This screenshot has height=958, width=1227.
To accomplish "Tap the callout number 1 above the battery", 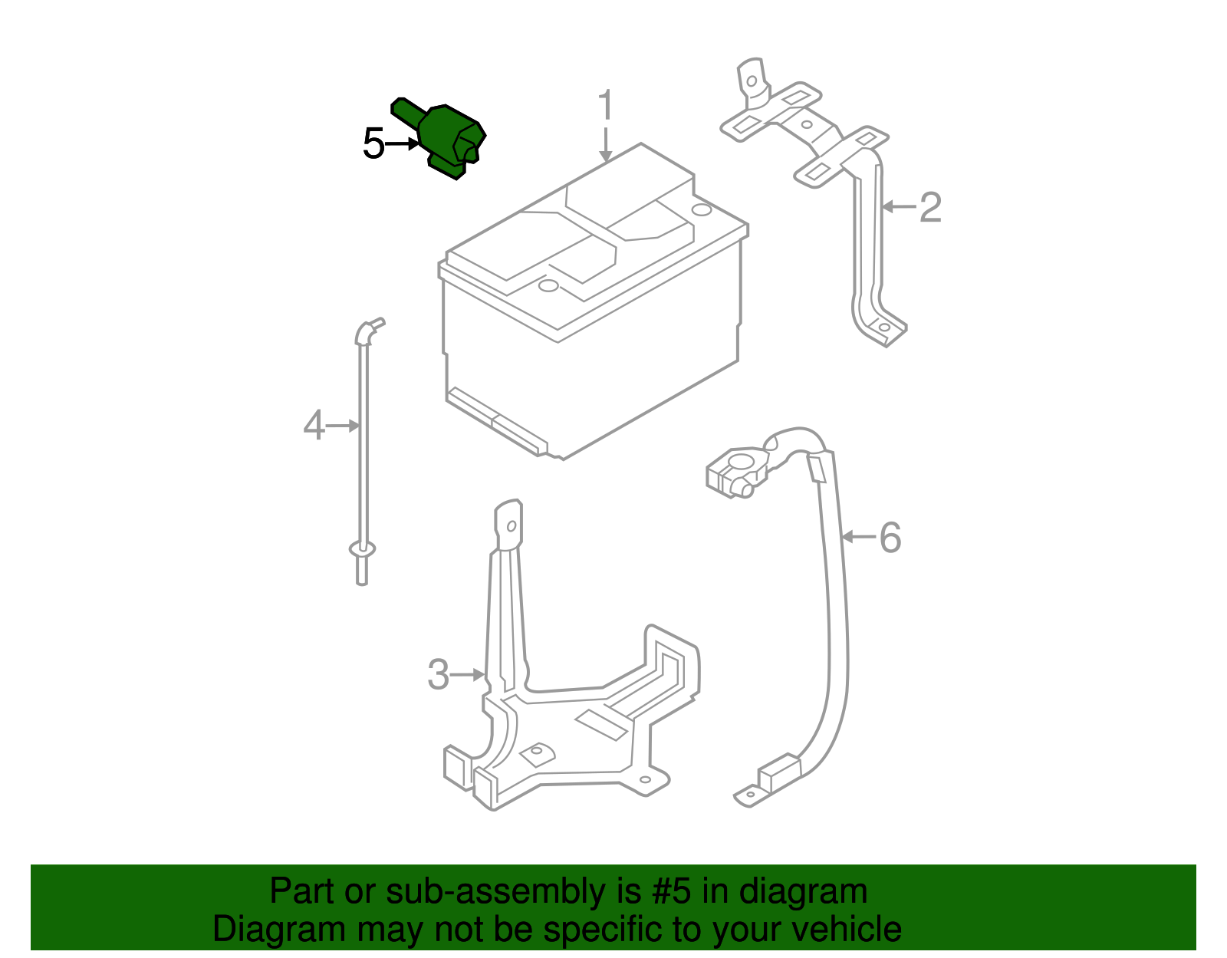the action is coord(606,106).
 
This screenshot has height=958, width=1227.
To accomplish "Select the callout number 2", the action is coord(930,207).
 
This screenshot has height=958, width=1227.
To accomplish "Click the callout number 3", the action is coord(438,675).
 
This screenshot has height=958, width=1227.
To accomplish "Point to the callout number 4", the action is coord(314,426).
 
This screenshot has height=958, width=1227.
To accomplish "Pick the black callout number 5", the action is coord(373,144).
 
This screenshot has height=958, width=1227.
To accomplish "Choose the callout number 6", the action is coord(890,537).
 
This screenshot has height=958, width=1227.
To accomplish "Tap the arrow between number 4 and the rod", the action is coord(343,425).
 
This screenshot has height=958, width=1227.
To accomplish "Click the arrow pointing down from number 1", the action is coord(606,146).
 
